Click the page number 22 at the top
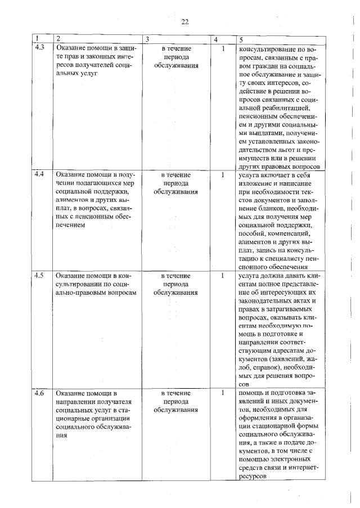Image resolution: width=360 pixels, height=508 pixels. pos(185,23)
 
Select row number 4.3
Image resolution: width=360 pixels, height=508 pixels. pos(39,48)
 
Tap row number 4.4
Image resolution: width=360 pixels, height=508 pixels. pos(39,174)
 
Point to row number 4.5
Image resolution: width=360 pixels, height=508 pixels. pos(39,276)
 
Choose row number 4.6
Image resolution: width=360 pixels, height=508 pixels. pos(39,393)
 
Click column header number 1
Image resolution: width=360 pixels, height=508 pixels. pos(37,39)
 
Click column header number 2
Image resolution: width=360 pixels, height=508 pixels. pos(58,39)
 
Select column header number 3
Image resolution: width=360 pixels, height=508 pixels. pos(147,39)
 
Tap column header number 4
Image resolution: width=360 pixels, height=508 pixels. pos(217,39)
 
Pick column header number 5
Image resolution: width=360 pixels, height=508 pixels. pos(241,39)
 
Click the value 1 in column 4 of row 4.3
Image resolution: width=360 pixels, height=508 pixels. pos(223,49)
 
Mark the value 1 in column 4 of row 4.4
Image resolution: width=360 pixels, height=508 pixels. pos(223,175)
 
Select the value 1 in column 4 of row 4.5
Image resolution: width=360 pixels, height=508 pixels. pos(223,276)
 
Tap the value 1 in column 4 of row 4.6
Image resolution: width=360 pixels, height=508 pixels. pos(223,393)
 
